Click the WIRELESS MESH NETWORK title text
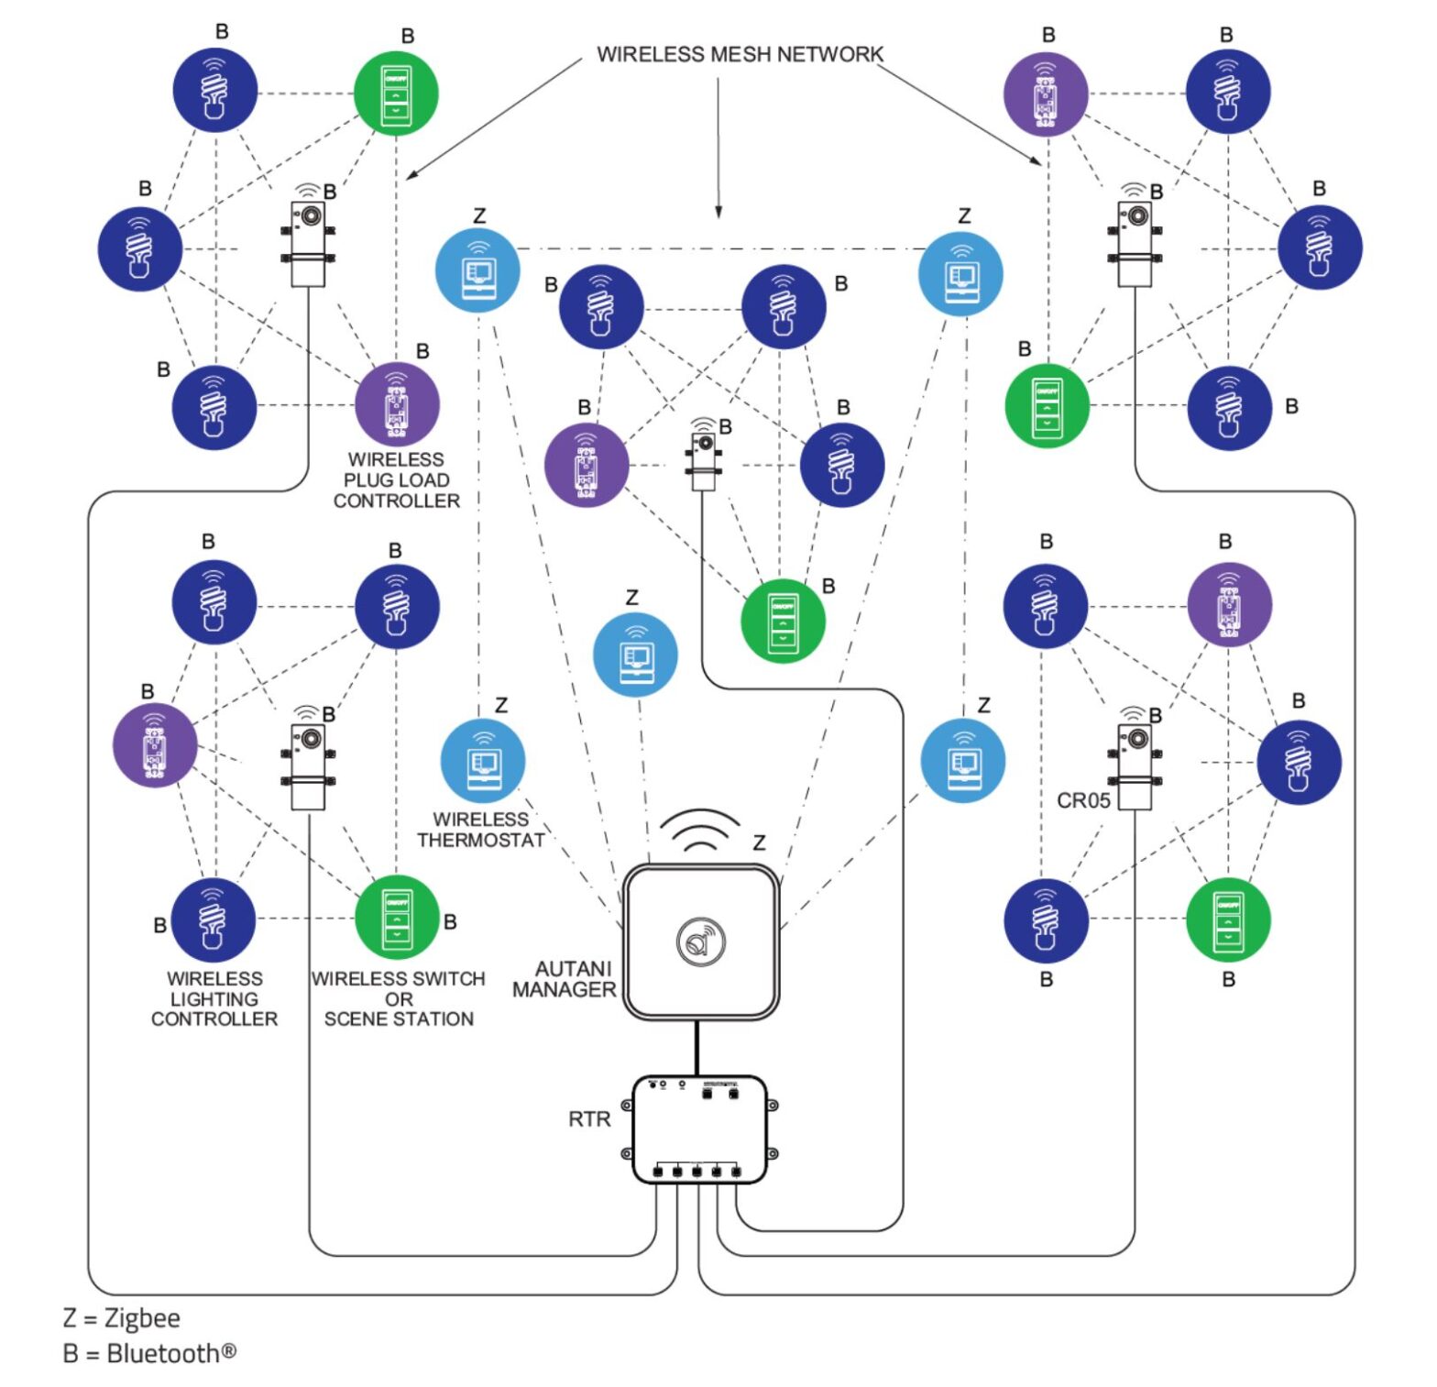pyautogui.click(x=740, y=54)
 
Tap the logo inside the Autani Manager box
pyautogui.click(x=701, y=941)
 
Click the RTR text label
pyautogui.click(x=589, y=1119)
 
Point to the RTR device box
pyautogui.click(x=699, y=1129)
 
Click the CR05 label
pyautogui.click(x=1083, y=800)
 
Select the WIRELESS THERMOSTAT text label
pyautogui.click(x=481, y=830)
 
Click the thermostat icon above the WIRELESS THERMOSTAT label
pyautogui.click(x=483, y=761)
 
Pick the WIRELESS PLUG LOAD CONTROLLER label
pyautogui.click(x=397, y=480)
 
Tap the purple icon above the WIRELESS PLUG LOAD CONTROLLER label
pyautogui.click(x=397, y=404)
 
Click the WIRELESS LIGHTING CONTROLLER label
pyautogui.click(x=214, y=999)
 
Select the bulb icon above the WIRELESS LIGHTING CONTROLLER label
pyautogui.click(x=214, y=919)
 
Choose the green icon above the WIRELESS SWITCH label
pyautogui.click(x=397, y=918)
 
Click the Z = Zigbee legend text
pyautogui.click(x=121, y=1317)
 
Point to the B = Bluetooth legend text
pyautogui.click(x=149, y=1353)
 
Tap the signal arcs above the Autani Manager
pyautogui.click(x=701, y=830)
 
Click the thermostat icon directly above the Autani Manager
pyautogui.click(x=636, y=655)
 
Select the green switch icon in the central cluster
pyautogui.click(x=783, y=621)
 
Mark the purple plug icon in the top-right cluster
pyautogui.click(x=1046, y=94)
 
